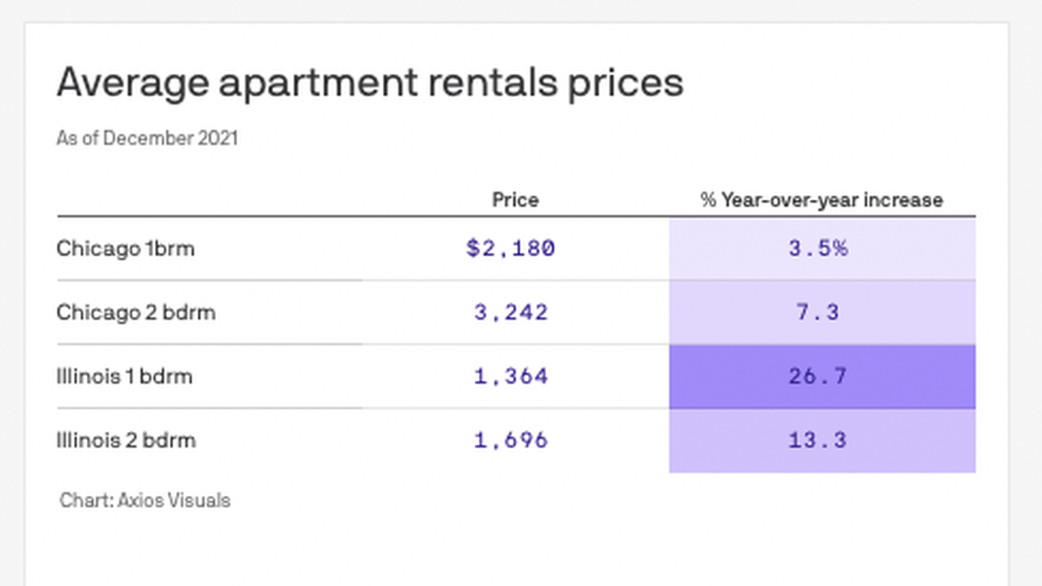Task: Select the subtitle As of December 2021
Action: [x=147, y=138]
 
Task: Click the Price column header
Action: [x=515, y=200]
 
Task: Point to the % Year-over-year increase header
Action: [x=822, y=200]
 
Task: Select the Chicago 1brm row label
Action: [x=125, y=249]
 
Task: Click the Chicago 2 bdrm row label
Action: [x=136, y=312]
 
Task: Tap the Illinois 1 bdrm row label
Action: [x=124, y=376]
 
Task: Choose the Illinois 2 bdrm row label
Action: [x=126, y=440]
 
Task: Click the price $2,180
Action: [x=510, y=249]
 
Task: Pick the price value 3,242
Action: [x=510, y=312]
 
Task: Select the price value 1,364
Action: [x=510, y=376]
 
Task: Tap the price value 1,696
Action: [x=510, y=440]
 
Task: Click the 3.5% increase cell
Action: [x=818, y=249]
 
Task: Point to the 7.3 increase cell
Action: [x=818, y=312]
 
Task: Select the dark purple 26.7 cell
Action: [x=818, y=376]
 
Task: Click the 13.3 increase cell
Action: [x=818, y=440]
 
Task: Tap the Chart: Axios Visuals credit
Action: [x=145, y=501]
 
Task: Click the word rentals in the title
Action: [x=492, y=82]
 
